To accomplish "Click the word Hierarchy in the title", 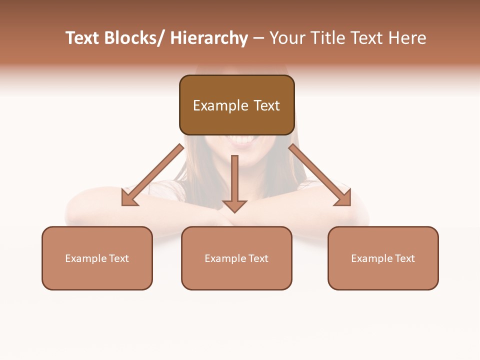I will point(209,38).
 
